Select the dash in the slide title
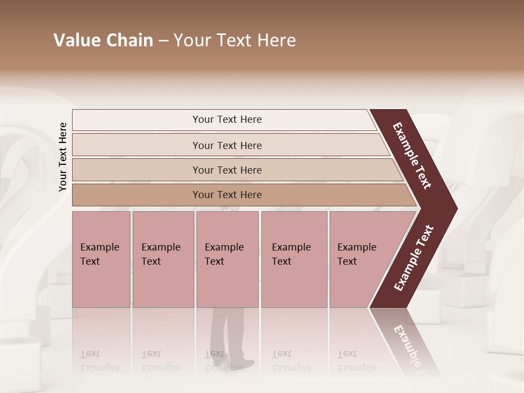coord(163,41)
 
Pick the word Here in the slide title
coord(277,40)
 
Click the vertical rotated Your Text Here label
coord(63,157)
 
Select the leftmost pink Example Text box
coord(101,259)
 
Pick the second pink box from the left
coord(163,259)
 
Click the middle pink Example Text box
coord(227,259)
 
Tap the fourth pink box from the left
coord(294,259)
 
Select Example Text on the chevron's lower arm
coord(413,258)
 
